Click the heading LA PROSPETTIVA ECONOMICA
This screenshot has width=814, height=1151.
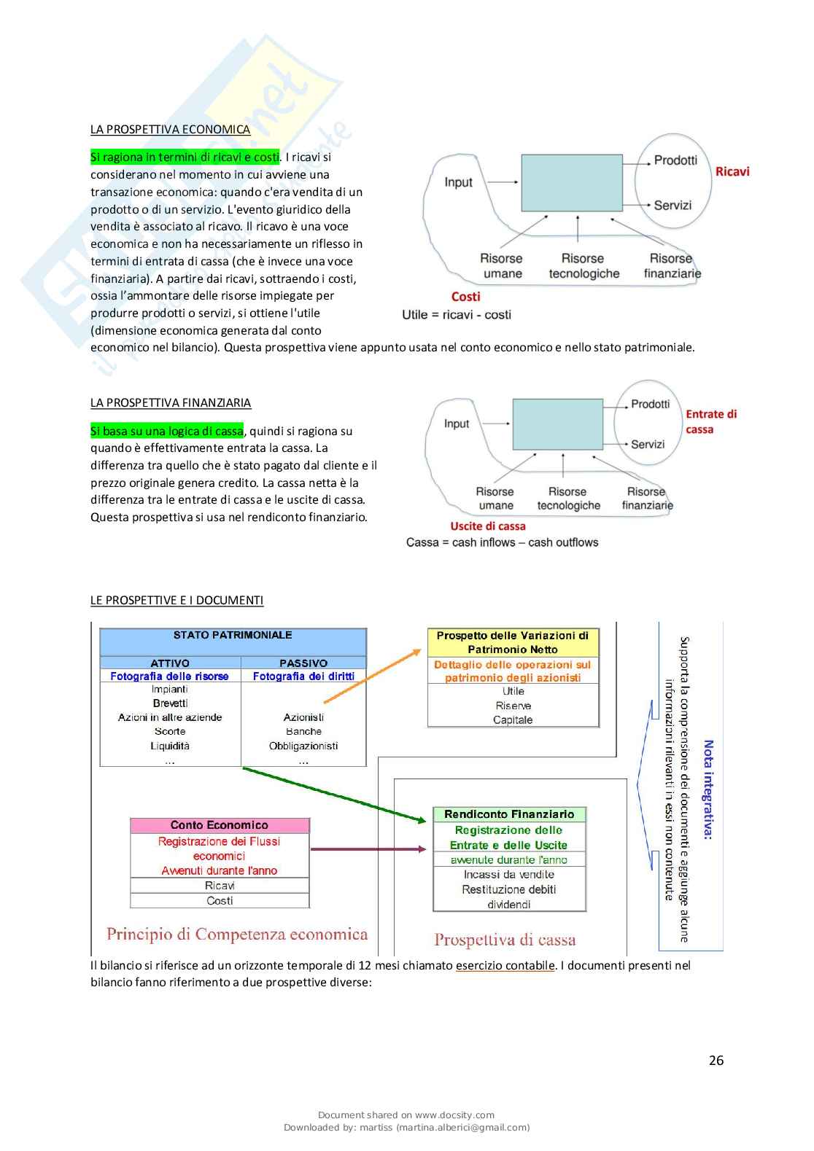170,130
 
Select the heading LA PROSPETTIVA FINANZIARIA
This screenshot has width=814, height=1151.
170,403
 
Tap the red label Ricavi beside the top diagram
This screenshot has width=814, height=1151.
732,172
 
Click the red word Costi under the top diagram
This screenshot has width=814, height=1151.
465,297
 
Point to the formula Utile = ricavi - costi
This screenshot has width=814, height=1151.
456,315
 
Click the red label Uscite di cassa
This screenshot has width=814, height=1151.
487,526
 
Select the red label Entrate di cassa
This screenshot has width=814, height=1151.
710,421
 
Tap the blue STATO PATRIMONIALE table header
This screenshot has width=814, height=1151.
233,636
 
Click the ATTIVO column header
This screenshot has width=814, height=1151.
170,663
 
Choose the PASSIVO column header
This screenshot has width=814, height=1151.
303,663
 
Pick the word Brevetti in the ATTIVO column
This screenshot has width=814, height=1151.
170,703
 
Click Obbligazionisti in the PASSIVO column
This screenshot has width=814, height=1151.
303,746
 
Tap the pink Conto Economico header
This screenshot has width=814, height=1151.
220,825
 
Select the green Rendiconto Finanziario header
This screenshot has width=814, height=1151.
509,814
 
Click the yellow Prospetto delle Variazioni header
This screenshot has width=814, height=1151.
513,642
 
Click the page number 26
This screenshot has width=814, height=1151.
716,1061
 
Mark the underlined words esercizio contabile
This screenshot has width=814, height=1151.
505,966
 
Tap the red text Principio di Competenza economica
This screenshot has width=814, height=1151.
237,935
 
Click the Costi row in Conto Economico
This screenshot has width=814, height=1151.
220,901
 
